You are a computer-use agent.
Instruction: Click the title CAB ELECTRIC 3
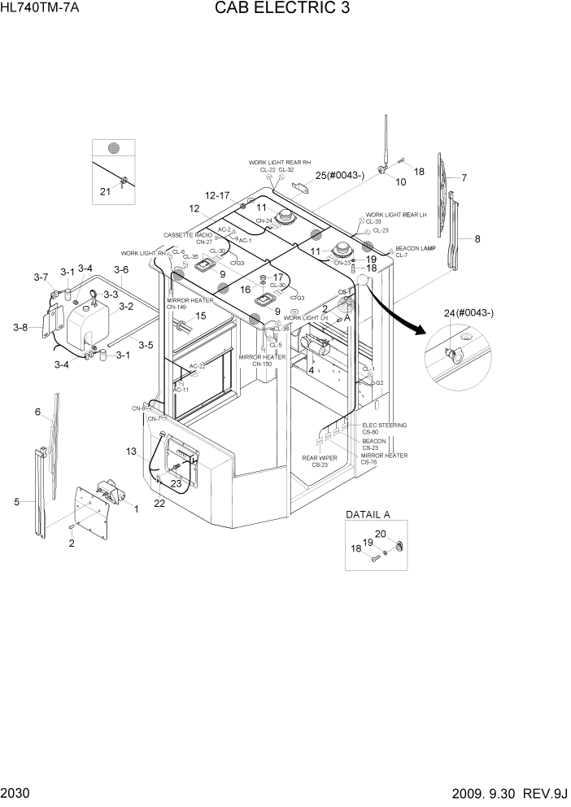[285, 11]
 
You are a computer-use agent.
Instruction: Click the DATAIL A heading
[368, 514]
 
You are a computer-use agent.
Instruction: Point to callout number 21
[104, 192]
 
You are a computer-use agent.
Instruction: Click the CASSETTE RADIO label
[188, 234]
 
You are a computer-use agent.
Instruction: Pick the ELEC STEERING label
[385, 425]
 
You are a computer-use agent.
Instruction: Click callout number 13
[132, 451]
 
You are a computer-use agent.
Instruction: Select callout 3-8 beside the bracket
[21, 327]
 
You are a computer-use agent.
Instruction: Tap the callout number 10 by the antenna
[400, 182]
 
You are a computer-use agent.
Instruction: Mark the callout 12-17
[219, 195]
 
